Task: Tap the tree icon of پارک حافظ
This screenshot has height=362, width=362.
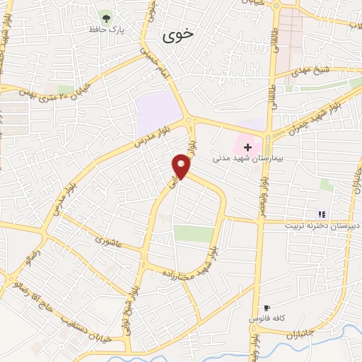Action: (106, 17)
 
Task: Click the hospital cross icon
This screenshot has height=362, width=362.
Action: (247, 147)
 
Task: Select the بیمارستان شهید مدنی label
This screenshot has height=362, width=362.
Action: (247, 159)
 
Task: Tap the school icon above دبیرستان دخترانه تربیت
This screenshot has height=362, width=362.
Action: (322, 214)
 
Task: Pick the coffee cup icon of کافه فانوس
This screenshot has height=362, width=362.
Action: (267, 308)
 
